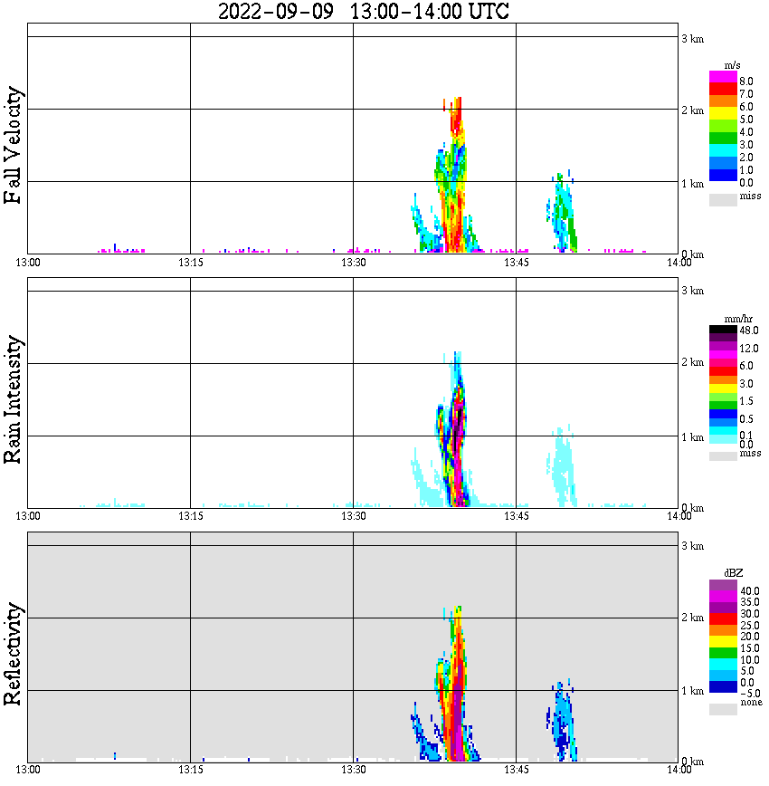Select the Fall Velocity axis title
14,146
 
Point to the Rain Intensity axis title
14,399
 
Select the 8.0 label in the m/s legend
745,81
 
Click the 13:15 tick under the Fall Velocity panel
189,263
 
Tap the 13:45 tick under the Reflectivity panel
516,770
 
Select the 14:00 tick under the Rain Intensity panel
679,516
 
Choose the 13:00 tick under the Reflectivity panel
28,770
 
